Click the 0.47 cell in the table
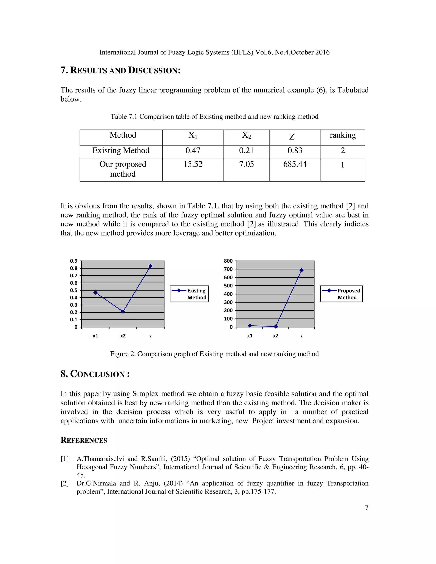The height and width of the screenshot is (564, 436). tap(193, 150)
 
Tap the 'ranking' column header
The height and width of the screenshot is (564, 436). tap(343, 135)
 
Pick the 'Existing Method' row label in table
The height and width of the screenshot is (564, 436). tap(121, 150)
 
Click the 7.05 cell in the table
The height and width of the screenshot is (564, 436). tap(246, 164)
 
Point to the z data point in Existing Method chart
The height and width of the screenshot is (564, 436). tap(151, 266)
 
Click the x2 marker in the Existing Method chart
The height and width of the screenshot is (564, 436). tap(123, 312)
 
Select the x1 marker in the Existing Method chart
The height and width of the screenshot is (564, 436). tap(96, 293)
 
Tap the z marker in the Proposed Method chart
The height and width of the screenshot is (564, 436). tap(301, 270)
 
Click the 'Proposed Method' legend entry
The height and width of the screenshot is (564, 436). tap(341, 294)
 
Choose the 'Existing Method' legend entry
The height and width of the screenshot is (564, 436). tap(189, 294)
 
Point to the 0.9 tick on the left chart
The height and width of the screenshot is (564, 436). tap(74, 261)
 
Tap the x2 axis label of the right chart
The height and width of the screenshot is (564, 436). tap(276, 336)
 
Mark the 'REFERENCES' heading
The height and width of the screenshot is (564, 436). tap(84, 440)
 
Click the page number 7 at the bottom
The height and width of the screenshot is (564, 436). tap(367, 507)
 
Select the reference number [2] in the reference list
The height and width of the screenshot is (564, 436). tap(65, 483)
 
